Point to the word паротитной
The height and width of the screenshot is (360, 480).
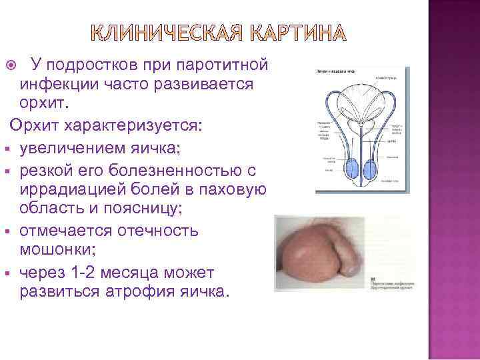(219, 64)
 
